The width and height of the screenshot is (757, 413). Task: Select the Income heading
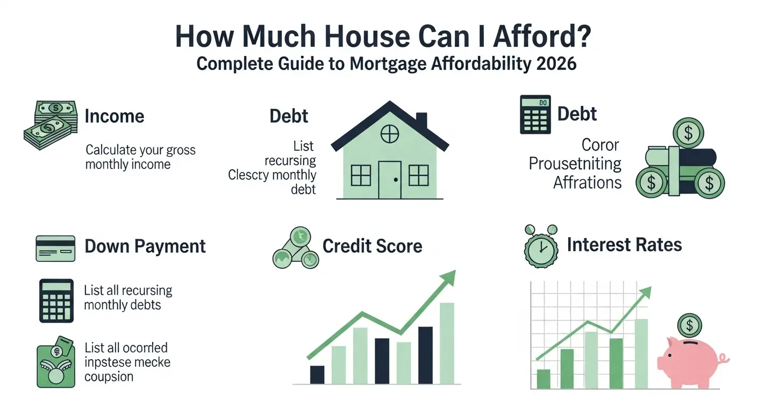[x=115, y=116]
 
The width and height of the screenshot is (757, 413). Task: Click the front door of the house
[x=390, y=179]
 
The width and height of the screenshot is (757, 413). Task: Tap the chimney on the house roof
[x=422, y=121]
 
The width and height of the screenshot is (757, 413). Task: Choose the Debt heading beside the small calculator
[x=577, y=114]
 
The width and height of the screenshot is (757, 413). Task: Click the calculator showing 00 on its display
[x=535, y=115]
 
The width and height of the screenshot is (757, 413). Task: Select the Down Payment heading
[x=145, y=246]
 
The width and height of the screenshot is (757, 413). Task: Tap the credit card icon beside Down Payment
[x=55, y=248]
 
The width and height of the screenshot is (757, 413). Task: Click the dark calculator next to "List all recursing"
[x=56, y=300]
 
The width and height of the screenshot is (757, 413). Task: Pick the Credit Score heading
[x=372, y=246]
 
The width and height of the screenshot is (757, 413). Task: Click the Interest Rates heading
[x=624, y=245]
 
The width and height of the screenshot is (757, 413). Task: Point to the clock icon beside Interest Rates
[x=539, y=248]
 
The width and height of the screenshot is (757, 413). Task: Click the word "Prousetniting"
[x=575, y=163]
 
